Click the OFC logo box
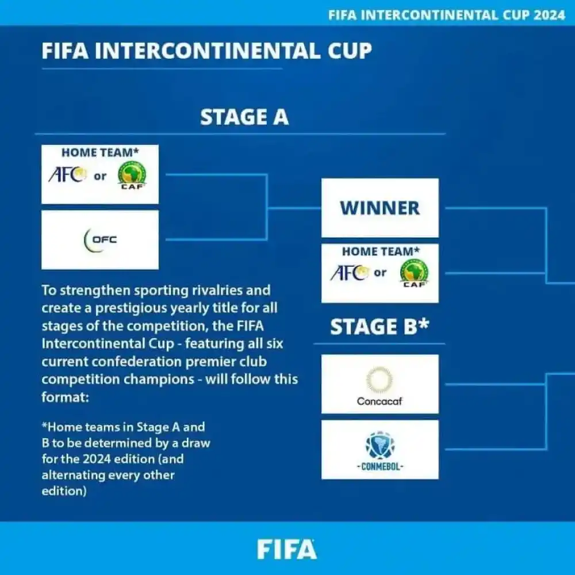[x=100, y=239]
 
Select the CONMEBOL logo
[x=379, y=450]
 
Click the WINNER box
[x=379, y=208]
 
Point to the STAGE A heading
[x=244, y=117]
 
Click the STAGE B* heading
[x=379, y=327]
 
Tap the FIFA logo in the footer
[x=286, y=549]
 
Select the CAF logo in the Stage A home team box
[x=132, y=175]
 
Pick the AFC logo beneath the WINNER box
[x=349, y=273]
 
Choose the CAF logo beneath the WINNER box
[x=414, y=274]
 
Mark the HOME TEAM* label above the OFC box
[x=100, y=153]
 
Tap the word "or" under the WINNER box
[x=380, y=273]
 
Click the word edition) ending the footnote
[x=64, y=492]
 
